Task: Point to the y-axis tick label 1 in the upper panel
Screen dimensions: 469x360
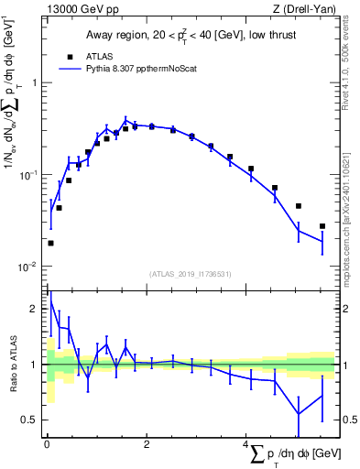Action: pyautogui.click(x=35, y=82)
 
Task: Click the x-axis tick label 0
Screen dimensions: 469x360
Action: pyautogui.click(x=47, y=444)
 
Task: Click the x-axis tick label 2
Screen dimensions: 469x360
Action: pyautogui.click(x=147, y=444)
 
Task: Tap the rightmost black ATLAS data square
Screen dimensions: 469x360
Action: pyautogui.click(x=322, y=226)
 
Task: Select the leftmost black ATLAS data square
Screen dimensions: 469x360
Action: pyautogui.click(x=50, y=243)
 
